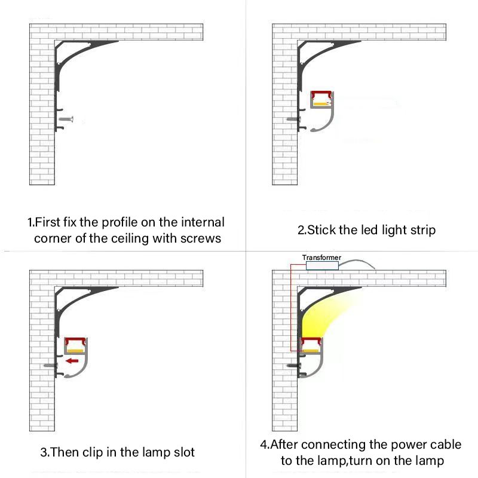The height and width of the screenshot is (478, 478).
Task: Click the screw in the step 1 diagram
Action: [x=66, y=119]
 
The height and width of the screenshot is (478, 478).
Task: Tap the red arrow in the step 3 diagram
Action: [x=72, y=361]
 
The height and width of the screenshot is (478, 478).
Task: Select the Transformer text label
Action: [x=321, y=258]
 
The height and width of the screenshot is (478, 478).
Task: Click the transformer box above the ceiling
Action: [x=322, y=265]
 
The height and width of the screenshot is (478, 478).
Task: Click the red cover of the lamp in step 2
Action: [x=321, y=94]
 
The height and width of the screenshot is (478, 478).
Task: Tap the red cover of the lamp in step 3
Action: [x=76, y=341]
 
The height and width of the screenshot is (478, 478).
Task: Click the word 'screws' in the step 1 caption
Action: [x=201, y=238]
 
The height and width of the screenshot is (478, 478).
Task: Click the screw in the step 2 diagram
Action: [x=293, y=119]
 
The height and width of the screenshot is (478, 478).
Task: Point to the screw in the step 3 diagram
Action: [x=50, y=365]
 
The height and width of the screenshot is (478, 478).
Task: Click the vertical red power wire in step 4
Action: [x=291, y=308]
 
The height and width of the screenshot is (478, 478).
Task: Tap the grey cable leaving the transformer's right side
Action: [x=357, y=263]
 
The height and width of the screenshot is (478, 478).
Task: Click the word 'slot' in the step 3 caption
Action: [x=185, y=452]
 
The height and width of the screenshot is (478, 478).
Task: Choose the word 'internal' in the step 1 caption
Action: [x=203, y=222]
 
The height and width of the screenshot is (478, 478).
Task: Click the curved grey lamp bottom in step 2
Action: [x=326, y=122]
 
